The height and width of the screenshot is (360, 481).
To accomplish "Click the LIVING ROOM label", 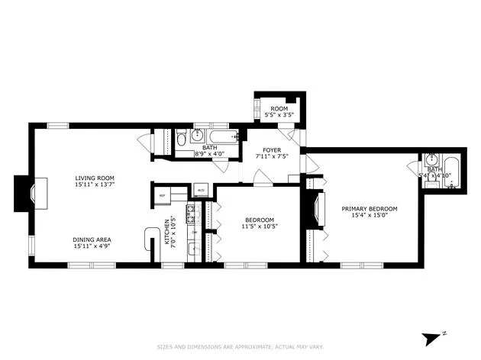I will pyautogui.click(x=95, y=177).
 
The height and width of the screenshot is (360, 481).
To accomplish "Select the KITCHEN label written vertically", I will pyautogui.click(x=166, y=234).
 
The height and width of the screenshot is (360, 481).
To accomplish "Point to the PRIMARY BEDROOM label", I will pyautogui.click(x=369, y=207).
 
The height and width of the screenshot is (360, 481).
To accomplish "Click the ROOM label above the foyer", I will pyautogui.click(x=279, y=109).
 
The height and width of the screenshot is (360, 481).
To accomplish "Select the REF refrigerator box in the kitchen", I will pyautogui.click(x=162, y=195).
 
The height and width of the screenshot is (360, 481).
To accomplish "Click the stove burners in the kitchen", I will pyautogui.click(x=194, y=211).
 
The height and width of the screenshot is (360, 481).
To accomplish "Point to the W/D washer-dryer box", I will pyautogui.click(x=201, y=191).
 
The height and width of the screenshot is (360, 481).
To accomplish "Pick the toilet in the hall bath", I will pyautogui.click(x=181, y=139).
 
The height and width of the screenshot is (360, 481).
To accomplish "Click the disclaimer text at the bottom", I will pyautogui.click(x=240, y=347).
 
